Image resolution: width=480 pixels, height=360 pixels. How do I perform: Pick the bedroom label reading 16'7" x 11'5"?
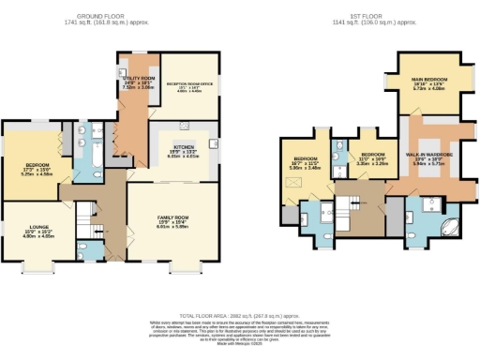307,162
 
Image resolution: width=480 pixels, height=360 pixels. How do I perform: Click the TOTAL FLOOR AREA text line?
240,316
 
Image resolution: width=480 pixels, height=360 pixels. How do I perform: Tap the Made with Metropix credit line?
240,344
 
